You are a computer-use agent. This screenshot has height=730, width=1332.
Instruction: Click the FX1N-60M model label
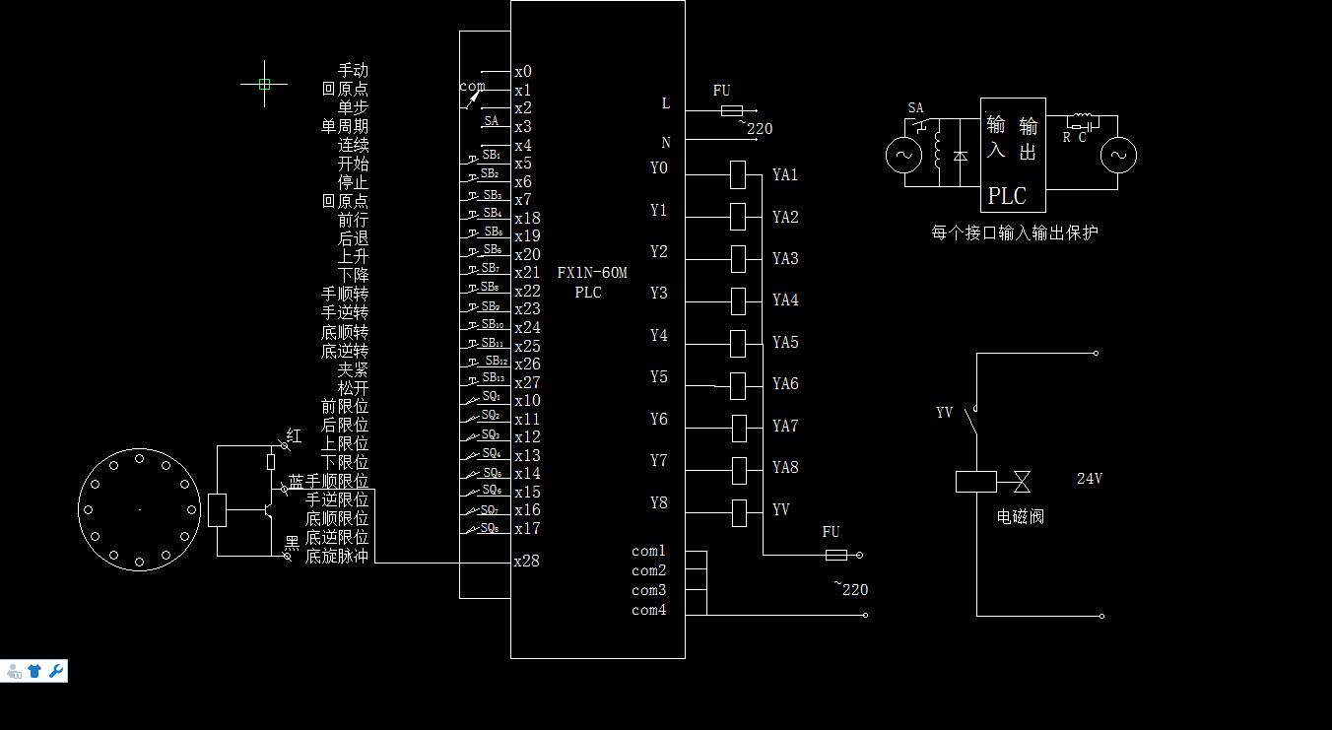tap(591, 273)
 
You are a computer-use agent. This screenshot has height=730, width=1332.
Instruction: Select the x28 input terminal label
tap(527, 562)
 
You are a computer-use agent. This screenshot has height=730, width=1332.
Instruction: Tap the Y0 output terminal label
tap(659, 168)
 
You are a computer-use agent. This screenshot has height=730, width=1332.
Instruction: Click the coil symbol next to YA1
tap(738, 175)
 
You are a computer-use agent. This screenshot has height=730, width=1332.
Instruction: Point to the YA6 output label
tap(785, 384)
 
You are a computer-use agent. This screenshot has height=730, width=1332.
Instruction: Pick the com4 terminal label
tap(648, 610)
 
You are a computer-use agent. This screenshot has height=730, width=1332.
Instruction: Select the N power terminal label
tap(666, 143)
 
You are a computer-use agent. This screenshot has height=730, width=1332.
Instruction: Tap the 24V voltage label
tap(1089, 479)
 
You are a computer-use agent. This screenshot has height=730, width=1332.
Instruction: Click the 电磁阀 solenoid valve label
tap(1020, 516)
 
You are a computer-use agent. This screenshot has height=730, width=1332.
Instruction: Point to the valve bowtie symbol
tap(1022, 482)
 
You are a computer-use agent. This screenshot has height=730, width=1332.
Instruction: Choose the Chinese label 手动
tap(353, 70)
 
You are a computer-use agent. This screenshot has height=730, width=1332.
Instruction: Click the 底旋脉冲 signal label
tap(337, 557)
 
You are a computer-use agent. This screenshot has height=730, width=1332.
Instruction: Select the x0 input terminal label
tap(523, 72)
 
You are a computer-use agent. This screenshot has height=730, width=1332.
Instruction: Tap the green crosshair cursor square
tap(264, 85)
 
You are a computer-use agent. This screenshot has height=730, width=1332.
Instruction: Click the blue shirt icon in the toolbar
tap(34, 671)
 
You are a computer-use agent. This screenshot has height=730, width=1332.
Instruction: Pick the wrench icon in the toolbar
tap(56, 671)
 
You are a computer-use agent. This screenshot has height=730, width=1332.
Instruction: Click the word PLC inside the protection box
tap(1007, 196)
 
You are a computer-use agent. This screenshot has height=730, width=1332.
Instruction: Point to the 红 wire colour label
tap(294, 435)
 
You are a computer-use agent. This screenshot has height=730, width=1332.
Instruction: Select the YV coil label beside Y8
tap(780, 509)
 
